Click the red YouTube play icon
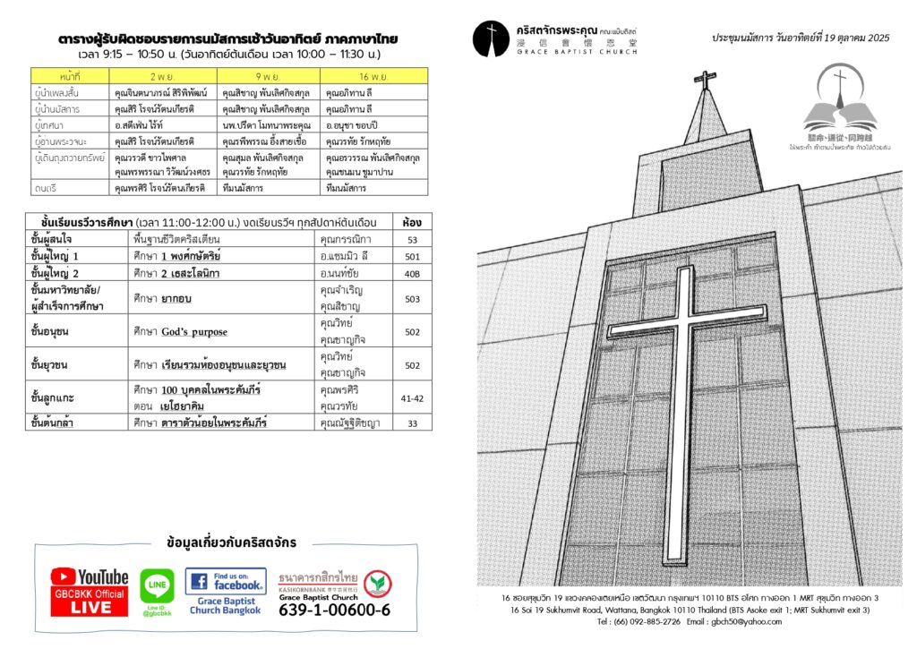point(63,577)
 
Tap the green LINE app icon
point(158,585)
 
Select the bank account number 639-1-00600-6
point(334,611)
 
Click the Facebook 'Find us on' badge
point(226,581)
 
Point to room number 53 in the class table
point(412,240)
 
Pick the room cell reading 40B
point(412,273)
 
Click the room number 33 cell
point(412,423)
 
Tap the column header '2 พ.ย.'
point(162,77)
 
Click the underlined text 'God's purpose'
point(193,332)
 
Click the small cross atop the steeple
point(705,80)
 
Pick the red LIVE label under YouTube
point(90,606)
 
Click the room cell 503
point(412,299)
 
